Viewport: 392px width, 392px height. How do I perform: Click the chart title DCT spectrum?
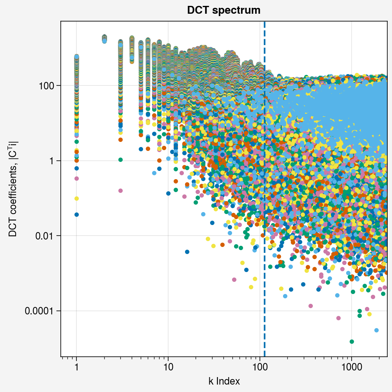pyautogui.click(x=223, y=11)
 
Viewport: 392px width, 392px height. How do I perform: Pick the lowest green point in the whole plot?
pyautogui.click(x=352, y=341)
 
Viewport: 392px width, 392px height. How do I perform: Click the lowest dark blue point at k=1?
pyautogui.click(x=77, y=214)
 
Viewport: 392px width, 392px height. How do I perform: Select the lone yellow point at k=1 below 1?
pyautogui.click(x=77, y=198)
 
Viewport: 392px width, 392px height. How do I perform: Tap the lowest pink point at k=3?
pyautogui.click(x=121, y=191)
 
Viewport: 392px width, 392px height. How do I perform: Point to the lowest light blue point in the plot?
pyautogui.click(x=376, y=330)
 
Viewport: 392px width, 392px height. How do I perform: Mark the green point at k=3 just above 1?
pyautogui.click(x=121, y=160)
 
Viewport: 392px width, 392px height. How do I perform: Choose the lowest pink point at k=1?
pyautogui.click(x=77, y=178)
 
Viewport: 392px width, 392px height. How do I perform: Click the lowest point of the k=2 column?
pyautogui.click(x=104, y=41)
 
